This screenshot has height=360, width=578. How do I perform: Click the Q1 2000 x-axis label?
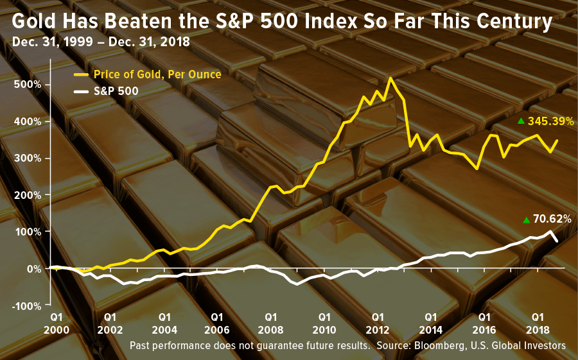click(57, 322)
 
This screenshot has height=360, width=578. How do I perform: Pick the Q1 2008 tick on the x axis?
click(271, 322)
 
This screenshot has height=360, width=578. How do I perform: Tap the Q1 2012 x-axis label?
click(378, 322)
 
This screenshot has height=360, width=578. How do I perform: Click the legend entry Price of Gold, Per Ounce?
click(157, 74)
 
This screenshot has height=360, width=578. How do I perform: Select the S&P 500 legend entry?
click(116, 91)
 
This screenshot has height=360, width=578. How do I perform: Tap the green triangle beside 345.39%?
click(521, 121)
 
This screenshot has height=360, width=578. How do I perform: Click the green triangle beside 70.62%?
click(527, 220)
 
